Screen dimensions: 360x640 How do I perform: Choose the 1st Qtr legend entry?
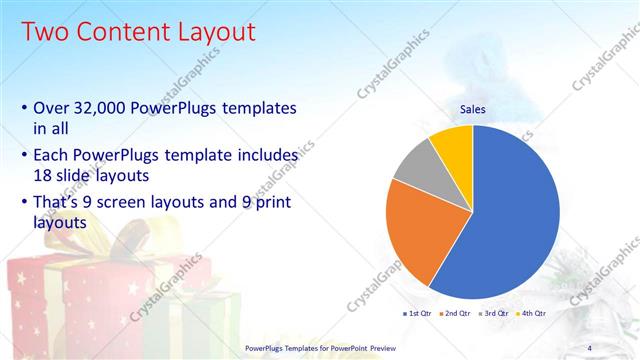click(x=418, y=314)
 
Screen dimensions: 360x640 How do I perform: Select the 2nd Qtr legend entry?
click(x=457, y=314)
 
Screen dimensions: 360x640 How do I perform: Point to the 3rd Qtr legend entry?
click(x=495, y=314)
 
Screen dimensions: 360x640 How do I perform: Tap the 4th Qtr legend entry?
click(x=532, y=314)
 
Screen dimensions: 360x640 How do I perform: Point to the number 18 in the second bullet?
click(x=43, y=174)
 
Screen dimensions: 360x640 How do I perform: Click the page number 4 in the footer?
click(x=589, y=347)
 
